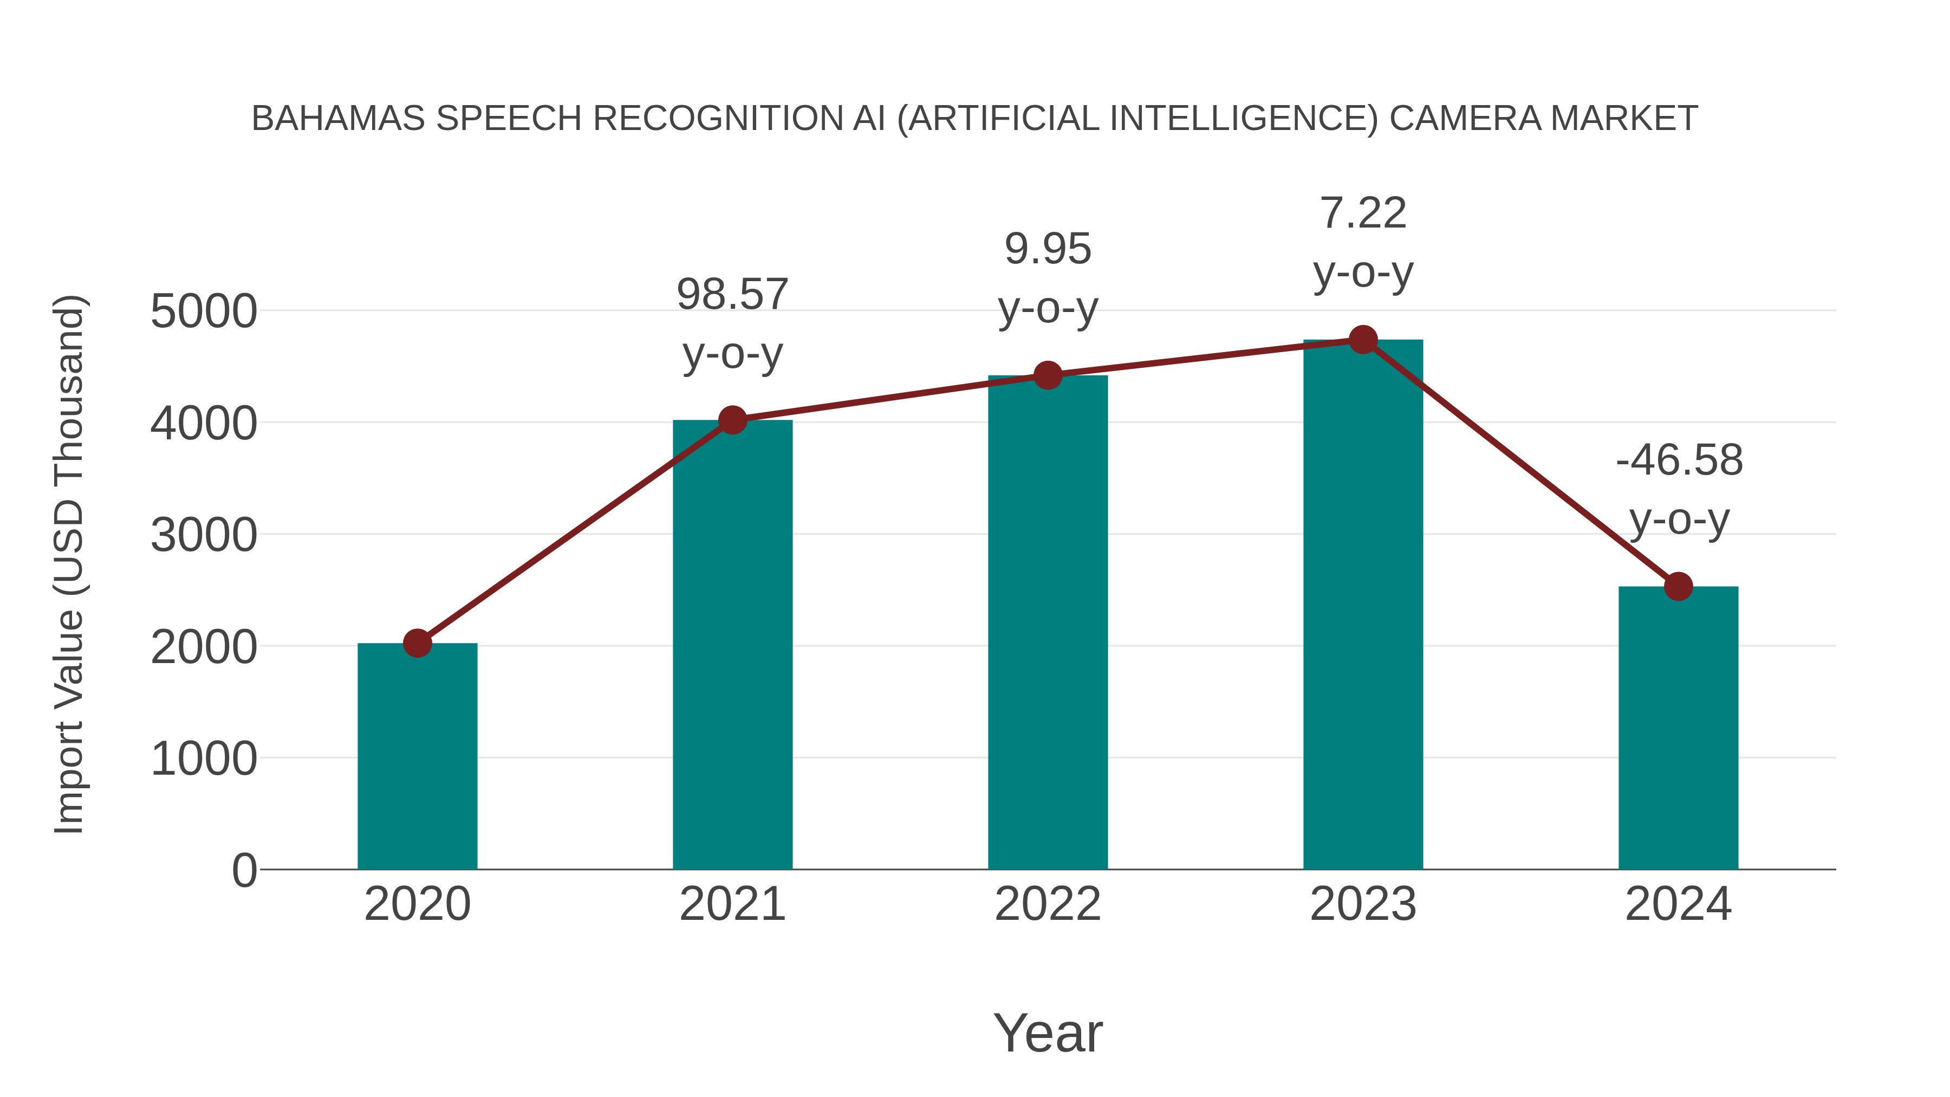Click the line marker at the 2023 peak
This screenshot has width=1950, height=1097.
click(1363, 340)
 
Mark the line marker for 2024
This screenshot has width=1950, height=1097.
click(1678, 586)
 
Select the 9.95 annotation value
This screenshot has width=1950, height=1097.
click(1048, 249)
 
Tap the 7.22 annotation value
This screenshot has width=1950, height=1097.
click(1363, 213)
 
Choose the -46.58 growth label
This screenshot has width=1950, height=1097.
click(1678, 460)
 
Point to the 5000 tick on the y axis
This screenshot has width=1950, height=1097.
click(204, 311)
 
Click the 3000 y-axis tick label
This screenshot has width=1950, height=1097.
click(204, 535)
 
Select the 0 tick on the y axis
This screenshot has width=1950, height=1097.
click(244, 870)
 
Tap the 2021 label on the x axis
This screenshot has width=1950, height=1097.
click(732, 904)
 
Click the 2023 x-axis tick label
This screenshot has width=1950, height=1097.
click(1363, 904)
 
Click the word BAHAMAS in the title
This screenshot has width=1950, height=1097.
click(337, 119)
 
